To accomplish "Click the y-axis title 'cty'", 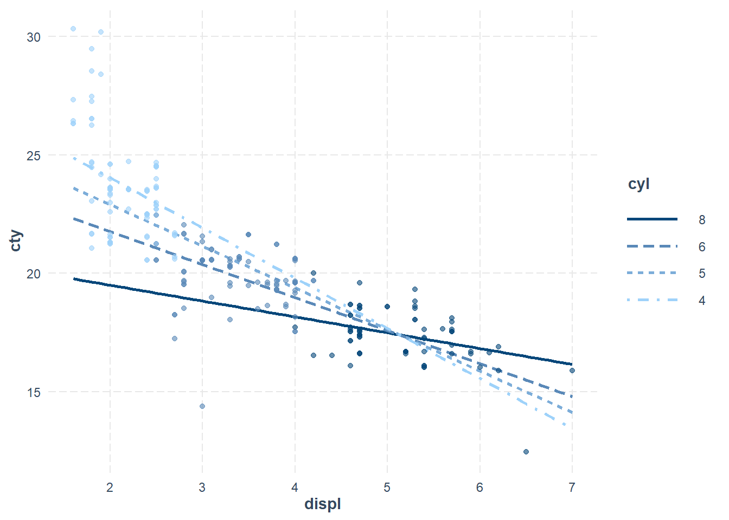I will click(x=16, y=240).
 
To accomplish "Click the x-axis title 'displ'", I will click(x=323, y=504).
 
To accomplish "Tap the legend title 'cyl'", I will click(x=638, y=184).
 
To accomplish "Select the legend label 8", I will click(x=702, y=220).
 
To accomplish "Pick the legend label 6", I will click(x=702, y=247).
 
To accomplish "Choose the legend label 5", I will click(x=702, y=274).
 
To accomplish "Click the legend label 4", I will click(x=702, y=301).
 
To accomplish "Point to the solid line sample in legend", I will click(x=652, y=219).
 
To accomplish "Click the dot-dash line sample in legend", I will click(x=652, y=300).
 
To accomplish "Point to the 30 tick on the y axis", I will click(x=34, y=37).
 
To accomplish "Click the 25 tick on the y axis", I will click(x=34, y=156).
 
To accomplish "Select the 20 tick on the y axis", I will click(x=34, y=274).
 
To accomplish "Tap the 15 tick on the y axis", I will click(x=34, y=392).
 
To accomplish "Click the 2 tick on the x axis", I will click(x=110, y=487).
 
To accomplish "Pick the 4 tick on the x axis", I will click(x=295, y=487).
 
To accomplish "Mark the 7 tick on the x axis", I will click(x=572, y=487).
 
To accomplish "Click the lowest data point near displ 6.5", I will click(x=526, y=452).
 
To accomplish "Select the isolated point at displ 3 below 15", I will click(x=202, y=406).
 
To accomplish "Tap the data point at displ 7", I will click(x=572, y=370).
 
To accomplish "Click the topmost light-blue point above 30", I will click(x=73, y=29).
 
